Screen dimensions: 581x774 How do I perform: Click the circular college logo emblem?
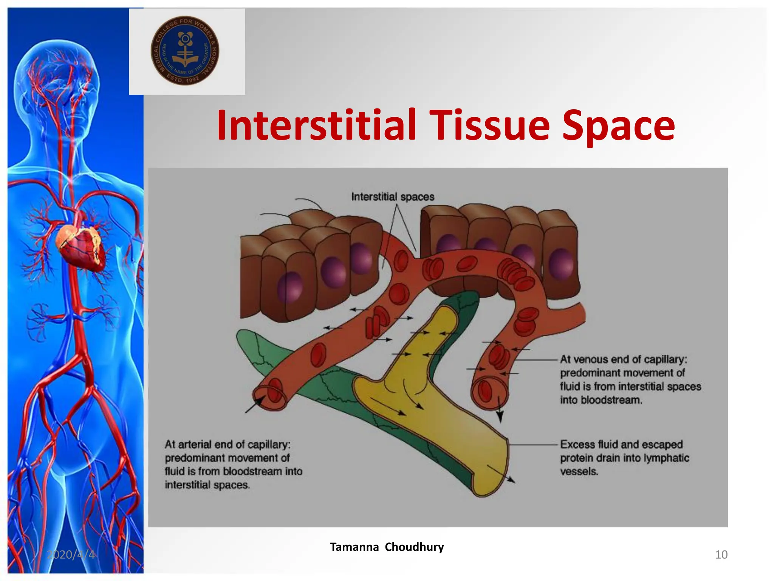[185, 51]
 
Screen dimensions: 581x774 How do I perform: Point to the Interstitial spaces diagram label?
[393, 197]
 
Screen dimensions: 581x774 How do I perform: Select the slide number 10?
[721, 555]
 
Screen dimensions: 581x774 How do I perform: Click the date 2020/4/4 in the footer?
[71, 555]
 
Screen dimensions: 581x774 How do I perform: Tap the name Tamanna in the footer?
[354, 547]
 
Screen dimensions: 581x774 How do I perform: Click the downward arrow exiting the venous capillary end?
[499, 410]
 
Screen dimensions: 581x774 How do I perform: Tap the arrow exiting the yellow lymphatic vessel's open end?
[502, 474]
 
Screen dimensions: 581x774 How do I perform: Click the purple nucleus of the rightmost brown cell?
[561, 264]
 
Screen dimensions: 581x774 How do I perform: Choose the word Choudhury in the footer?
[414, 547]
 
